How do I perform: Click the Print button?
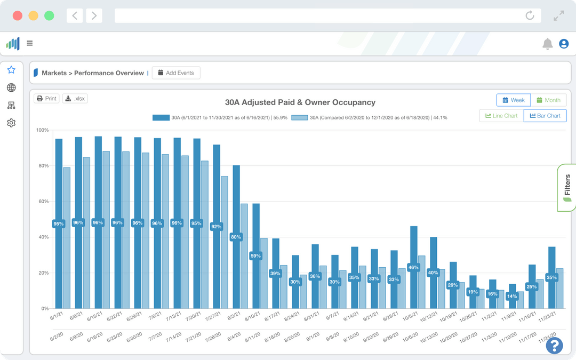(x=46, y=99)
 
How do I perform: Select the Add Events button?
(x=176, y=73)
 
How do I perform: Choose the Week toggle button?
(x=513, y=100)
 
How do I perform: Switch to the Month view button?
(x=548, y=100)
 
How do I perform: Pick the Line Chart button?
(x=501, y=116)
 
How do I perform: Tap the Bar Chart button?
(x=545, y=116)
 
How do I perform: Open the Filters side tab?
(x=567, y=188)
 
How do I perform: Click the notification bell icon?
(x=547, y=44)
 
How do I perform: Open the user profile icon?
(x=564, y=44)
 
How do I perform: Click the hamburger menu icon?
(x=30, y=44)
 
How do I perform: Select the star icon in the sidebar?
(x=11, y=70)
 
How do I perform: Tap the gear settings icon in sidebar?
(x=11, y=123)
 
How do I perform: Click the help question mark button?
(x=554, y=345)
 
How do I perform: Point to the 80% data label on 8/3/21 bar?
(x=236, y=237)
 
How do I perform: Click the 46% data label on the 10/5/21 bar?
(x=413, y=267)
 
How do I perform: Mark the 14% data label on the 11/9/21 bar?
(x=512, y=296)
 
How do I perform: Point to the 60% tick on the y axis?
(x=42, y=202)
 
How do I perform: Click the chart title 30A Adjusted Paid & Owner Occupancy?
(x=300, y=102)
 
